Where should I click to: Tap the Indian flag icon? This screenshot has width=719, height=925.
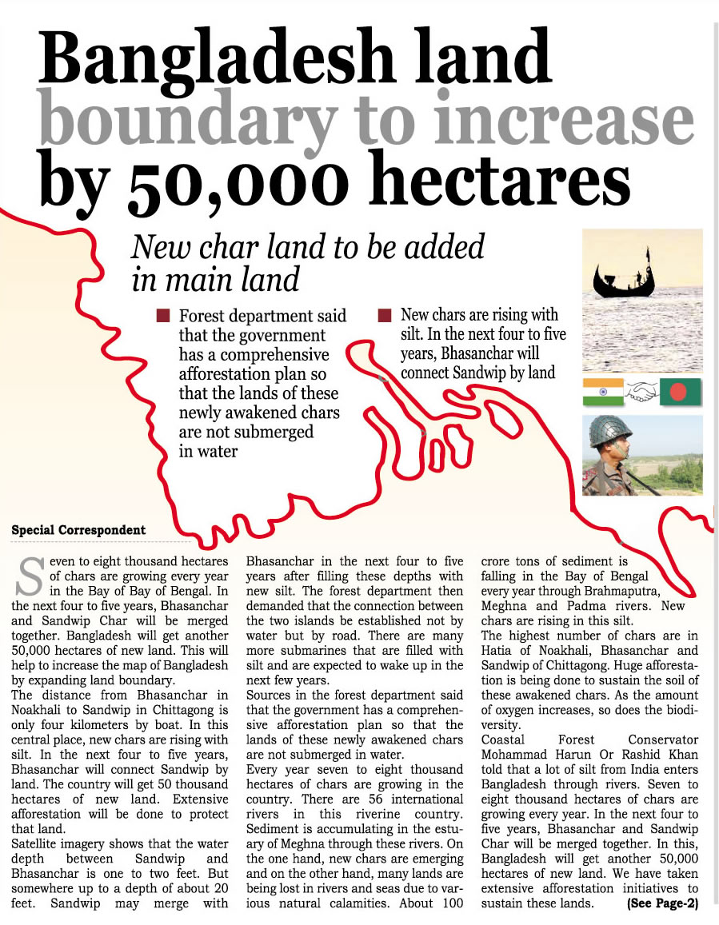coord(603,392)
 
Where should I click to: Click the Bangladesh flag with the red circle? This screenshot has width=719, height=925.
coord(680,392)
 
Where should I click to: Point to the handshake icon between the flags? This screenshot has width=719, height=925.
coord(641,392)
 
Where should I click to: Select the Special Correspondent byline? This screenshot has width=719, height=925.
coord(78,530)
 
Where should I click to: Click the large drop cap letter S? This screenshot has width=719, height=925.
coord(30,576)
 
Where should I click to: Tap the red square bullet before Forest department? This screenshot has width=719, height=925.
coord(163,316)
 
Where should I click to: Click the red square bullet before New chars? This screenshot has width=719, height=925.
coord(384,315)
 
